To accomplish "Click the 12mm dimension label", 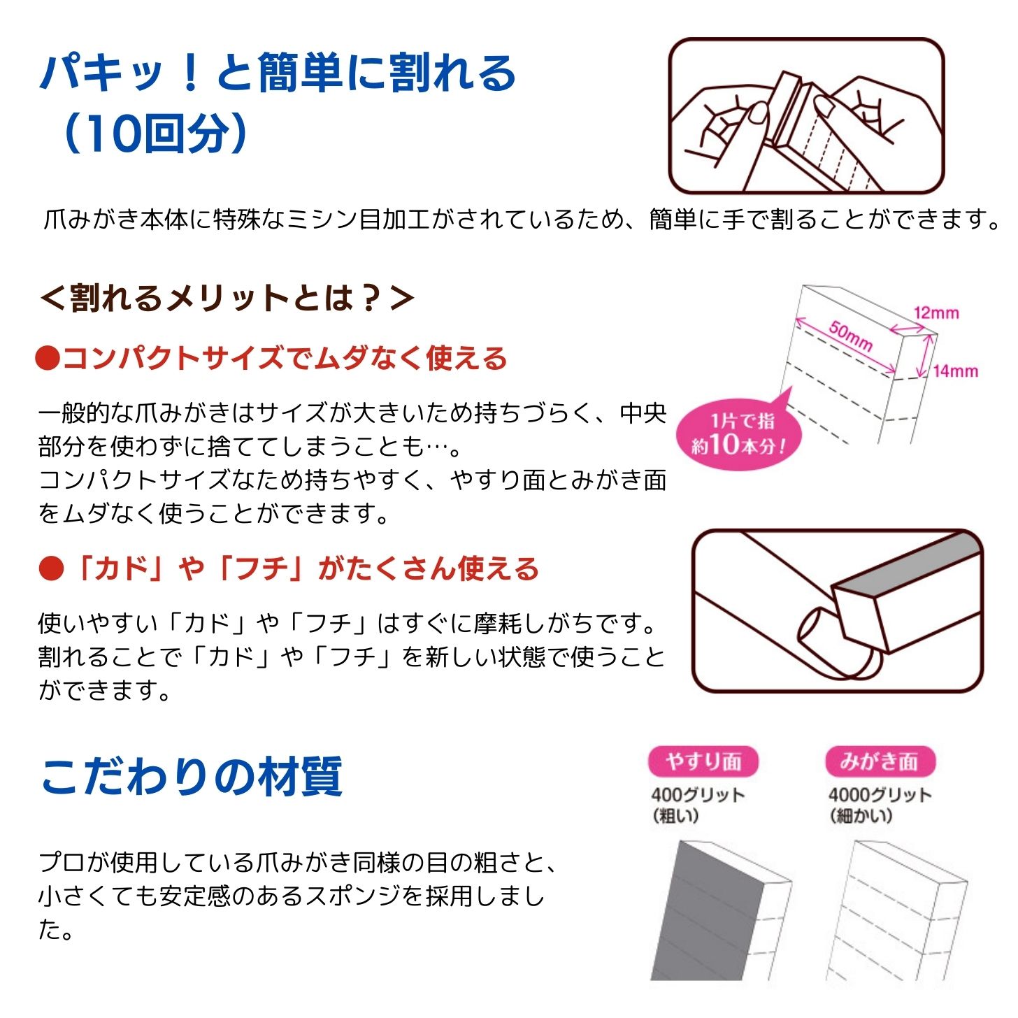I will (x=935, y=313).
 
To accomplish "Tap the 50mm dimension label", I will (x=850, y=336).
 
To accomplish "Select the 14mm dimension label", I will (x=955, y=371).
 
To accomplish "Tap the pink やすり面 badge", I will (x=703, y=761).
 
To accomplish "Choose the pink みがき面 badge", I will (x=880, y=761).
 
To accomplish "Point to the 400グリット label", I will (x=698, y=795).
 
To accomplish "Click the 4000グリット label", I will (x=880, y=795).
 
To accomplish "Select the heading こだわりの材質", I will (x=192, y=777).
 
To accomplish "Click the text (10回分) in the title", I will (x=155, y=133).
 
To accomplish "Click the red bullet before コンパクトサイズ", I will (x=48, y=359).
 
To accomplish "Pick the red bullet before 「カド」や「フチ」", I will (x=51, y=568).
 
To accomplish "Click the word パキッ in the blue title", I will (x=102, y=72).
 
